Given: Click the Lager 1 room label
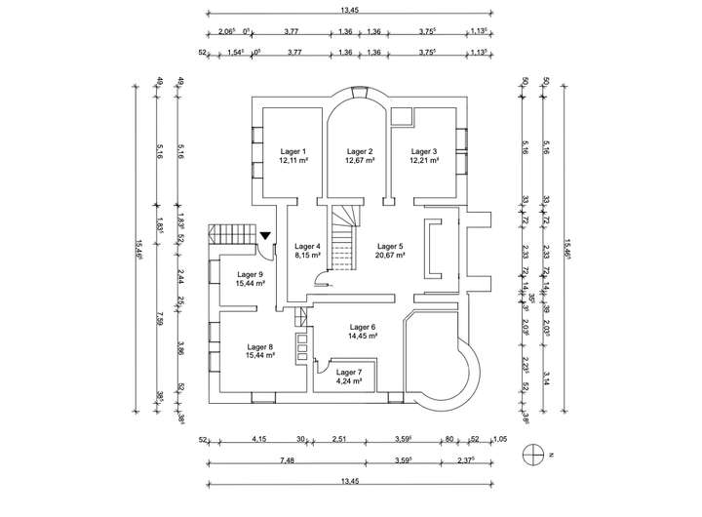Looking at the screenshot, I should point(293,151).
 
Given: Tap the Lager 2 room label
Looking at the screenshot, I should point(359,151).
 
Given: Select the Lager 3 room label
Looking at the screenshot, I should point(424,151).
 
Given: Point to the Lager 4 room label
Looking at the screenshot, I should point(307,246).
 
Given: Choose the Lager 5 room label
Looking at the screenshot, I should point(390,246).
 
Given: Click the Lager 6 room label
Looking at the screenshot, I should point(362,327).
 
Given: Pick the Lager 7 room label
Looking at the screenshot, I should point(348,373).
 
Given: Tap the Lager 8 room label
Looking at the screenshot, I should point(260,346).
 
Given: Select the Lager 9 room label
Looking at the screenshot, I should point(250,274).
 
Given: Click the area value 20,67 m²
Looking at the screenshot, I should point(390,256).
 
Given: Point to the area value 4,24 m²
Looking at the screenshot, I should point(348,381).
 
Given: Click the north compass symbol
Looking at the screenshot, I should point(531,453).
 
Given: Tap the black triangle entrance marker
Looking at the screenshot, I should point(266,235).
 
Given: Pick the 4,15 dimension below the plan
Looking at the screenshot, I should point(258,440).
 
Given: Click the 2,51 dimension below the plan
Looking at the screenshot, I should point(338,440).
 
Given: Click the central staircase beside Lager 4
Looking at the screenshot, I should point(340,244).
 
